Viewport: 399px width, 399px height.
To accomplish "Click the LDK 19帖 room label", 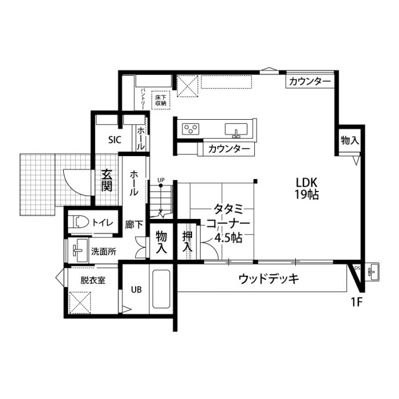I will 307,188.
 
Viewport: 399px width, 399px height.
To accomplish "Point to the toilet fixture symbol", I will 79,223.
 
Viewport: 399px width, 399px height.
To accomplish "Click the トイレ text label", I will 102,223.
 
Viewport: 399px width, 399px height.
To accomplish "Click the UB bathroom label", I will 136,289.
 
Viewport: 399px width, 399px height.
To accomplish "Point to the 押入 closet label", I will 187,242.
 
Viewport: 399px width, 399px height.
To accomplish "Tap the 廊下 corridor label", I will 135,224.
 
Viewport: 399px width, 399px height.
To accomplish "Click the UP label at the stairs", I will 161,181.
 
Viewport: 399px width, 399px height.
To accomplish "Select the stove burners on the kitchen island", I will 190,129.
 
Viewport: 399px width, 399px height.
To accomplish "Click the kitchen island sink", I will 237,129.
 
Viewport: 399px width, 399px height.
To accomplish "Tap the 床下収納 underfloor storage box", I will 161,101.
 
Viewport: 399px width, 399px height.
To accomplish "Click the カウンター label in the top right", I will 310,82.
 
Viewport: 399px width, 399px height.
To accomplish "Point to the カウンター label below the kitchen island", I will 229,149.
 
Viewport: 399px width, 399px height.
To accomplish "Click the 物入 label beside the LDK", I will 349,140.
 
